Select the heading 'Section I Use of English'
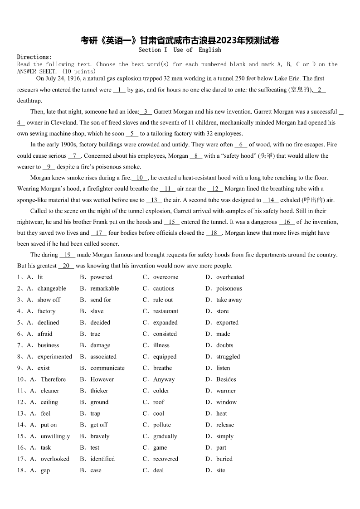click(180, 50)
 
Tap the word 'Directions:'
click(34, 57)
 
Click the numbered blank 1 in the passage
click(119, 90)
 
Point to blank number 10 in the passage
click(140, 178)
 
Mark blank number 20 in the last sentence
click(66, 266)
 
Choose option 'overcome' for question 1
click(165, 277)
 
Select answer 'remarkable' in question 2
click(104, 288)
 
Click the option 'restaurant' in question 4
click(165, 311)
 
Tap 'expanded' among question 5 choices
click(165, 322)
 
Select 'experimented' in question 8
click(54, 357)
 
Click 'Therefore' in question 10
click(53, 379)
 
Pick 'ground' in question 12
click(99, 402)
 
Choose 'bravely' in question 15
click(100, 436)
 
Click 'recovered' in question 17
click(165, 459)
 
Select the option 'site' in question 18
click(220, 470)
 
